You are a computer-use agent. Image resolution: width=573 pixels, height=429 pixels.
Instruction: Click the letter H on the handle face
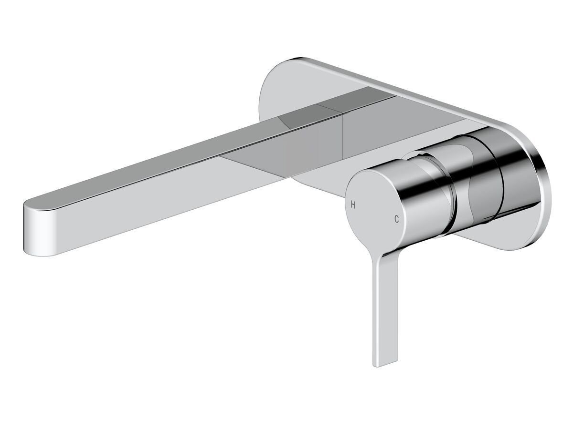(353, 205)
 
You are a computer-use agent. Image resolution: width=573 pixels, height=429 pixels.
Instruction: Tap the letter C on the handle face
(396, 219)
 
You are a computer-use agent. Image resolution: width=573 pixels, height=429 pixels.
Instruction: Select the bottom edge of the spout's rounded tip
(41, 255)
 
